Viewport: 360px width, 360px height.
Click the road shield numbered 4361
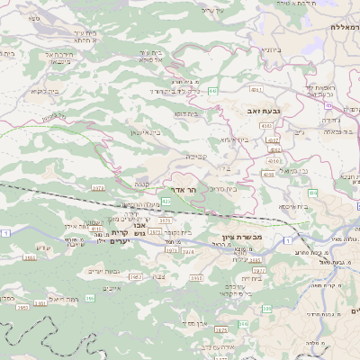coord(256,90)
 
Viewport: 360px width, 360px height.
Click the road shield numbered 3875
coord(156,232)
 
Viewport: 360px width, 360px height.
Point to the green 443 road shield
coord(211,92)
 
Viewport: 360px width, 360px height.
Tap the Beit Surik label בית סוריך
coord(222,189)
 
